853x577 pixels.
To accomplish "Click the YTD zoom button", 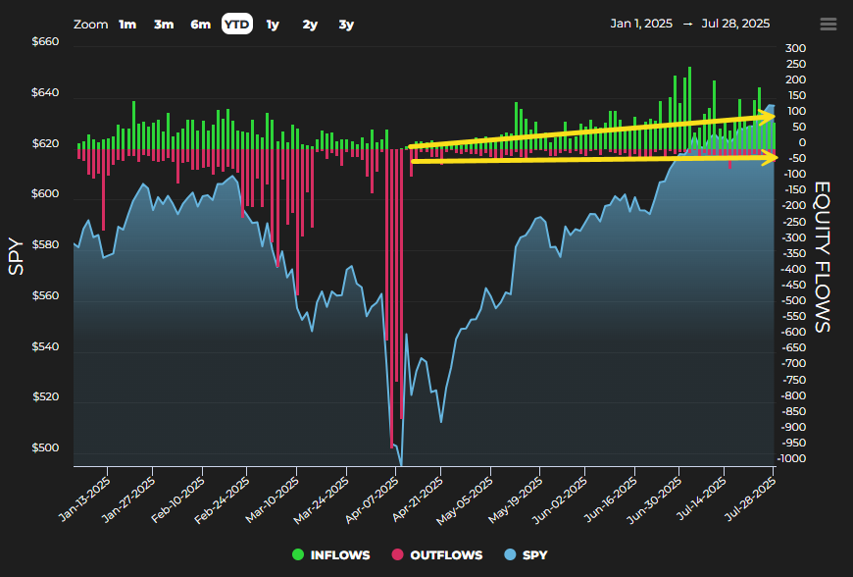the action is tap(236, 24).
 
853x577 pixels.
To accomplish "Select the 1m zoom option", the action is tap(127, 25).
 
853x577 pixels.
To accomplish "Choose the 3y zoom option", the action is tap(346, 25).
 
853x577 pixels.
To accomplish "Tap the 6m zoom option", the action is tap(200, 25).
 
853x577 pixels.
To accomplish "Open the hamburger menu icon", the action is tap(828, 24).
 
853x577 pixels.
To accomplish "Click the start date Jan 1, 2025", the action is tap(641, 24).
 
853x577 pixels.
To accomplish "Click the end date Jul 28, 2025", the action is tap(735, 24).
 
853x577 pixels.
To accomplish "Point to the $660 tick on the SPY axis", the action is tap(45, 42).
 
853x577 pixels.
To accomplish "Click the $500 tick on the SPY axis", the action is tap(45, 448).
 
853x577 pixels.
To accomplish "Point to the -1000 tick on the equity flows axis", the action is tap(791, 458).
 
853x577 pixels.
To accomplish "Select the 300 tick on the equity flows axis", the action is tap(795, 48).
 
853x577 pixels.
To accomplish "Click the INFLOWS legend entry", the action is tap(330, 554).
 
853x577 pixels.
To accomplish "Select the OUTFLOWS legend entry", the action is tap(437, 554).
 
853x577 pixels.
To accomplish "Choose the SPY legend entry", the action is tap(527, 554).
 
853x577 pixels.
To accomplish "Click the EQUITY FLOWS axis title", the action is tap(822, 257).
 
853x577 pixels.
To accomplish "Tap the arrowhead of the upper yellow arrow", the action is tap(768, 116).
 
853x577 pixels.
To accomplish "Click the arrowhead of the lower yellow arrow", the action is tap(771, 157).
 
